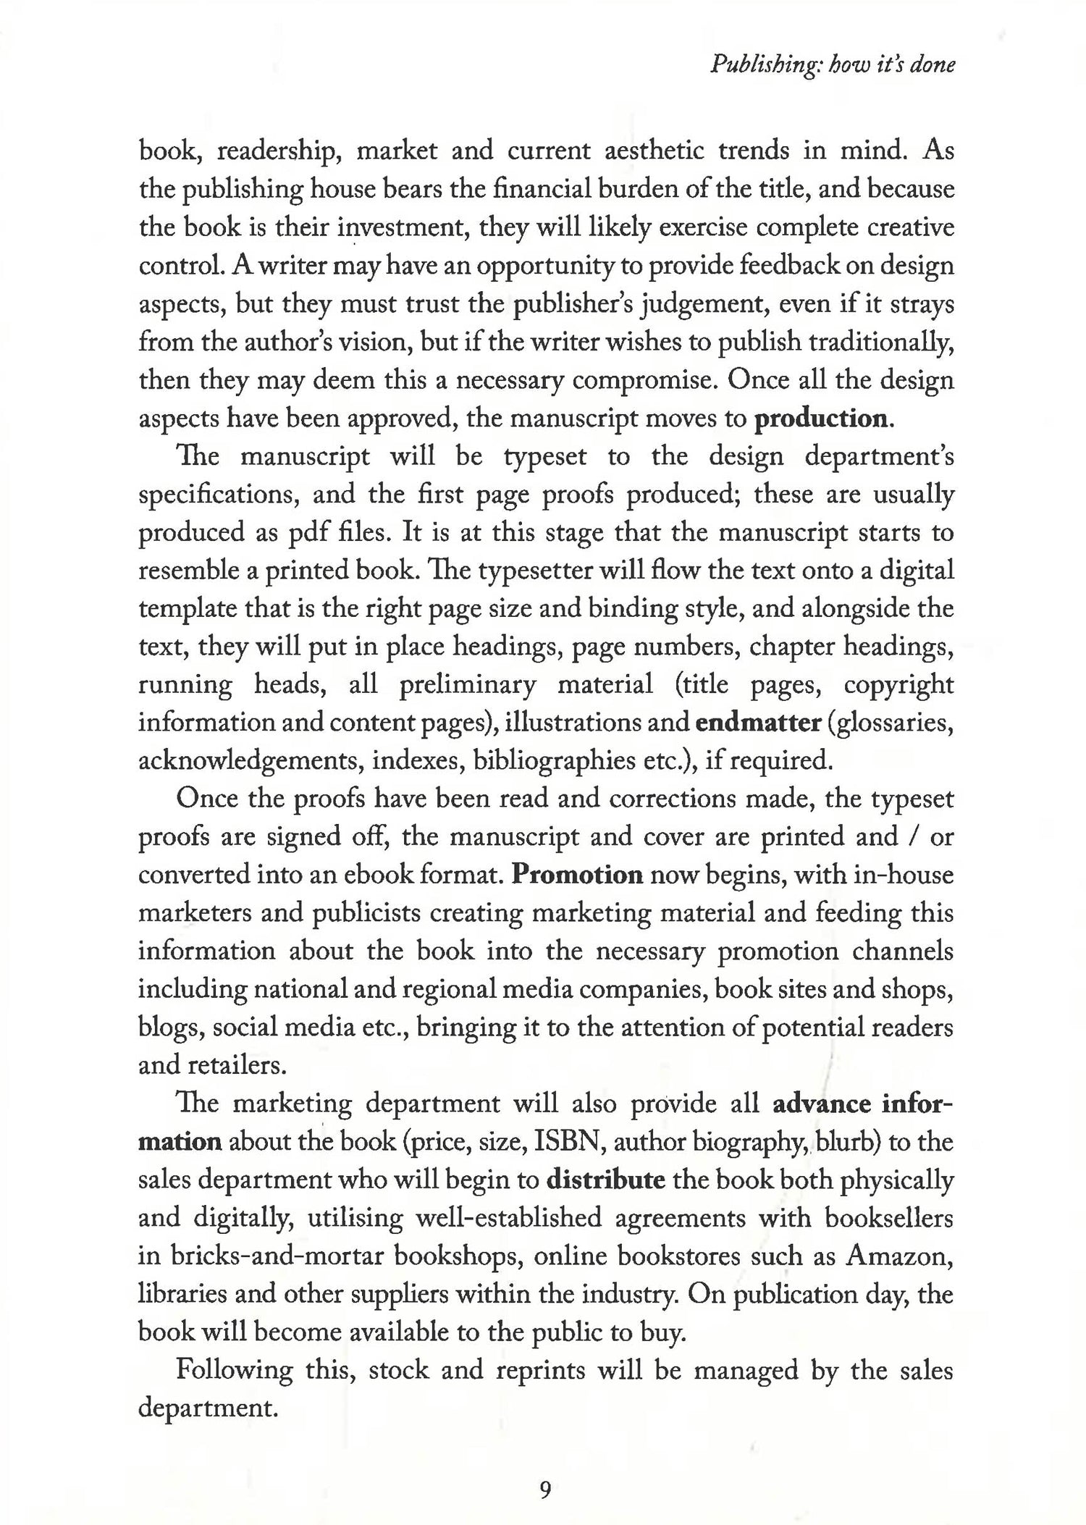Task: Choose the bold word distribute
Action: [605, 1180]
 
